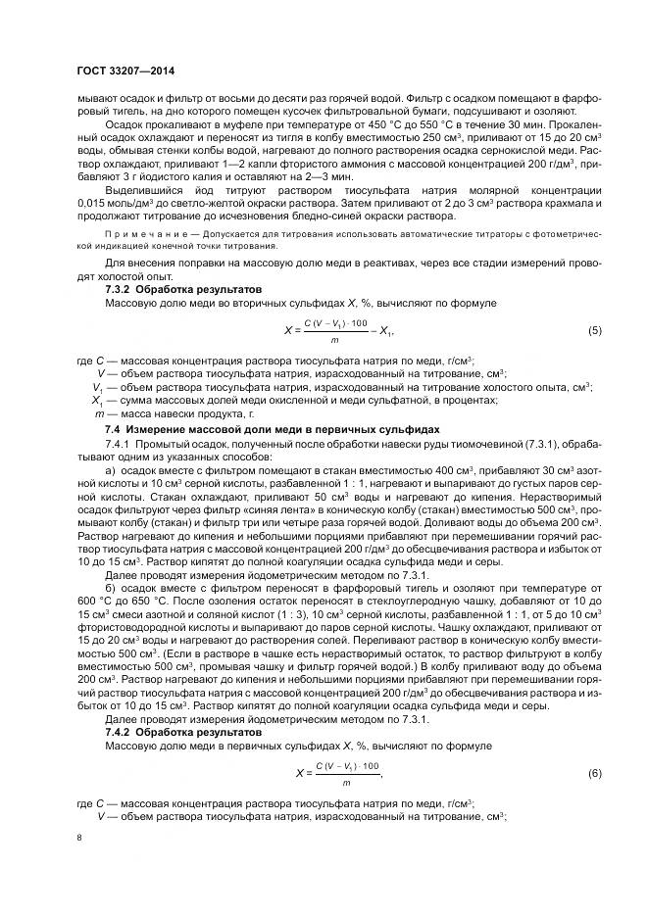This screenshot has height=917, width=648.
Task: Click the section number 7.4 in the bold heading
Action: [113, 430]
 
